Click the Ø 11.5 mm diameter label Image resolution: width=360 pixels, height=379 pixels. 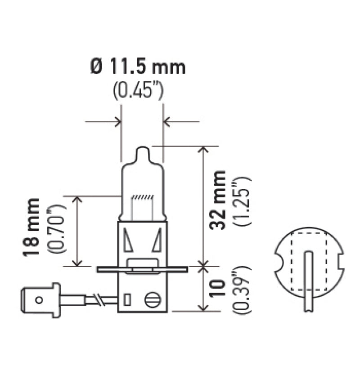pyautogui.click(x=138, y=67)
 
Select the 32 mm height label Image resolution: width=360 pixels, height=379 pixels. pyautogui.click(x=219, y=200)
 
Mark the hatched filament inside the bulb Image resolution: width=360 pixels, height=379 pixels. pyautogui.click(x=142, y=197)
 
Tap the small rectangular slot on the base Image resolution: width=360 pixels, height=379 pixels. pyautogui.click(x=127, y=299)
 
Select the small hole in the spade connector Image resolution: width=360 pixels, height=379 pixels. pyautogui.click(x=39, y=299)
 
